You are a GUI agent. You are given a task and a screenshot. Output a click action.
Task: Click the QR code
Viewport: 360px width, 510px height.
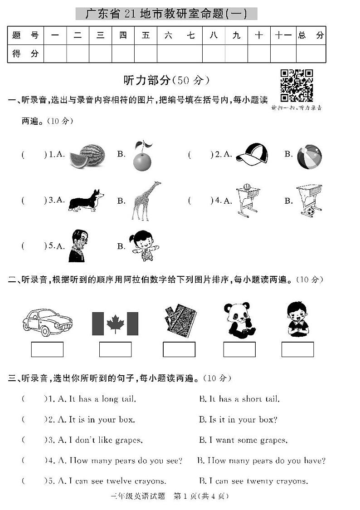click(x=297, y=86)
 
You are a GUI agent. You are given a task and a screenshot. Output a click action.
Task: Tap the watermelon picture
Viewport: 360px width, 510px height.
click(x=87, y=156)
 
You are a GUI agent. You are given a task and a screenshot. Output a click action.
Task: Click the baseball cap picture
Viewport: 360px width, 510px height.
click(x=252, y=155)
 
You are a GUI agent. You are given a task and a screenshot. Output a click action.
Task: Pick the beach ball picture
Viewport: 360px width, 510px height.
click(x=309, y=157)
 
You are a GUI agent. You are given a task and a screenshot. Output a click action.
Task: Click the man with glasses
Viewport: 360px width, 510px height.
click(x=78, y=246)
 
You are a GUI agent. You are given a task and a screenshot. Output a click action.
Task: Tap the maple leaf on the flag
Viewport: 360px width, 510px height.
click(x=115, y=323)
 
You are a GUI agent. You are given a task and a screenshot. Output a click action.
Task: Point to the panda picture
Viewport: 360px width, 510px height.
click(x=239, y=320)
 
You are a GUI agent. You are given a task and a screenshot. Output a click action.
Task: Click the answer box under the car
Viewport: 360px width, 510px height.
click(x=47, y=349)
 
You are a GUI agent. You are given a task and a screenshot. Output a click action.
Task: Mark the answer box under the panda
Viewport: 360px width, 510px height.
click(x=239, y=349)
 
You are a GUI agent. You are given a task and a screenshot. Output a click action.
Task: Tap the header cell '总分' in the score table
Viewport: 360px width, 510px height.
click(x=311, y=35)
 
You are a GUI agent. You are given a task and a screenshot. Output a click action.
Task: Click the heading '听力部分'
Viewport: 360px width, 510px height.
click(x=147, y=80)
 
